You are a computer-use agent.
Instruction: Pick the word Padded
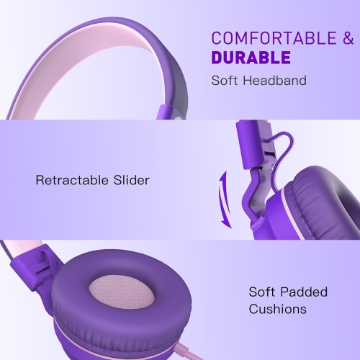tap(305, 292)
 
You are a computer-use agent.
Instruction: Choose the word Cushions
tap(278, 310)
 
